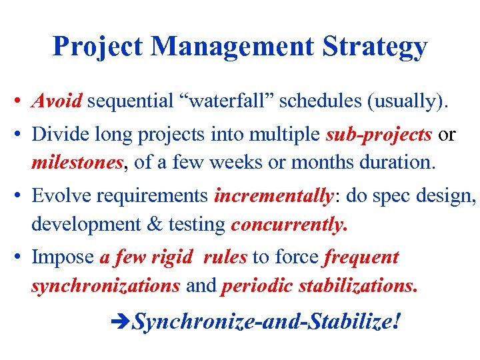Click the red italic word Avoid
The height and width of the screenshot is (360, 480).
pyautogui.click(x=57, y=101)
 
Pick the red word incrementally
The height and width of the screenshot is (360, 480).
pyautogui.click(x=273, y=195)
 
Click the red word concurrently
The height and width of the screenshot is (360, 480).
pyautogui.click(x=289, y=225)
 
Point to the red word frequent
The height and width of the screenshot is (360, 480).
pyautogui.click(x=362, y=257)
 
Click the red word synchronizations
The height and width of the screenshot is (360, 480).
pyautogui.click(x=105, y=285)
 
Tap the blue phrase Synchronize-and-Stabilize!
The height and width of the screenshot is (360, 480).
pyautogui.click(x=267, y=323)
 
